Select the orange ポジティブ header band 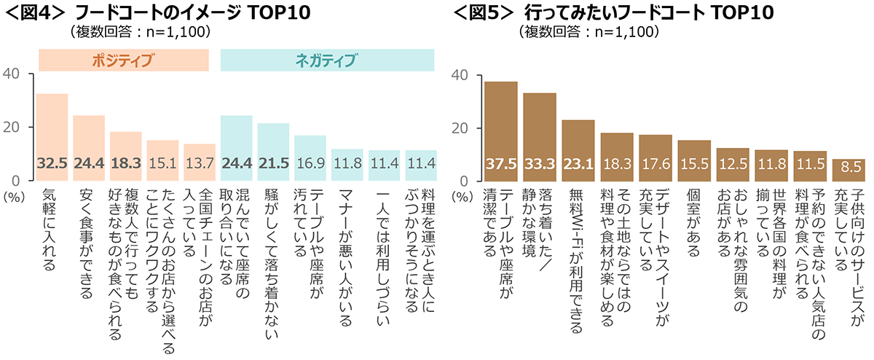(x=123, y=60)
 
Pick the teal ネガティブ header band (x=327, y=60)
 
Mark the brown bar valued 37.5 (x=500, y=131)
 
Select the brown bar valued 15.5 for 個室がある (x=693, y=160)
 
